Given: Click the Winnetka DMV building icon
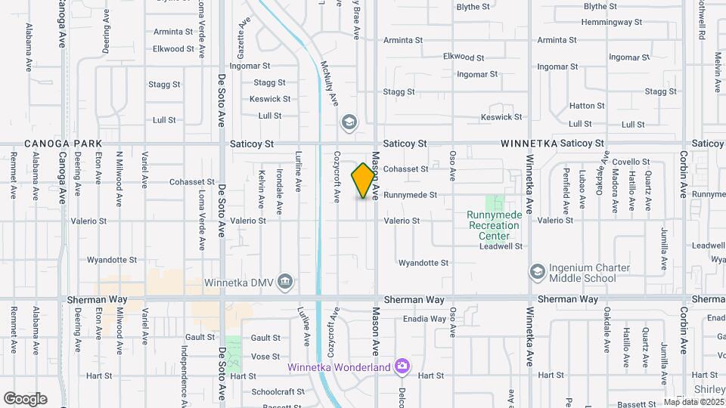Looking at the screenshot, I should [x=285, y=282].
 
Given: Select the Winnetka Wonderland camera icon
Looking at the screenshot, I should [x=402, y=366].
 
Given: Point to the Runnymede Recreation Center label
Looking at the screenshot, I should [x=495, y=225].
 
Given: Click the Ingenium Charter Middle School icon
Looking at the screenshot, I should [x=537, y=270].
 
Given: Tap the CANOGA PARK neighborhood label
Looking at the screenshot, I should [x=63, y=143].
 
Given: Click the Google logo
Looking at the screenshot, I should [x=25, y=399].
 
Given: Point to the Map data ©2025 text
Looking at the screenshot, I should [x=693, y=402].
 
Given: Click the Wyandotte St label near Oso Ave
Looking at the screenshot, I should [x=423, y=264].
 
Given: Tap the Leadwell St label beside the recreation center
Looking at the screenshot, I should [x=501, y=246].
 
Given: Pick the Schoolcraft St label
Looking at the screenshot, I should [x=278, y=392].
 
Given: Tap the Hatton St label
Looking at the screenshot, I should [x=587, y=106].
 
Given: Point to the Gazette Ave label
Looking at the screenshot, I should [x=244, y=34].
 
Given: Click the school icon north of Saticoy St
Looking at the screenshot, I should [x=349, y=122].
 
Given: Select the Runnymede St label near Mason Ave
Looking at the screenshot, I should [x=410, y=195].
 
